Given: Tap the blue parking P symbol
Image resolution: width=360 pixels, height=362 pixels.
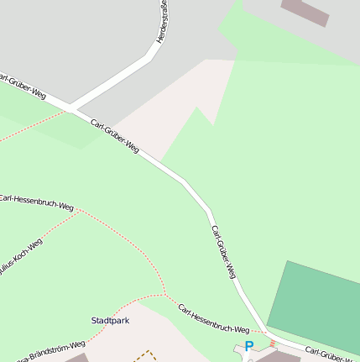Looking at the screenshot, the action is tap(248, 345).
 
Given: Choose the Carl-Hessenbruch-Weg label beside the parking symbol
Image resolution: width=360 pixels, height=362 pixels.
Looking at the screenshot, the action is tap(214, 318).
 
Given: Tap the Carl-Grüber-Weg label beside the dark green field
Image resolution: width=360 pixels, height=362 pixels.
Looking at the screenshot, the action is tap(224, 252).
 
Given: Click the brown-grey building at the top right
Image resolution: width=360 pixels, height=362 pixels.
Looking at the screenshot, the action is tap(306, 11).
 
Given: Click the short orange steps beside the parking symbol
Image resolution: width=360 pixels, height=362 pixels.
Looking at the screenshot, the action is tap(272, 344).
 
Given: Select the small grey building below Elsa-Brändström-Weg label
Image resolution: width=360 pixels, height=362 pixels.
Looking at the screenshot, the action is tap(77, 358).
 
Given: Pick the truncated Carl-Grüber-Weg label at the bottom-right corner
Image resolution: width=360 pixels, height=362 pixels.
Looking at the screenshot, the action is tap(332, 354).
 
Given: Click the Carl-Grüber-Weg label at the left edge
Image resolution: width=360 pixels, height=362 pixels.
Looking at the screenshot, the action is tap(20, 85).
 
